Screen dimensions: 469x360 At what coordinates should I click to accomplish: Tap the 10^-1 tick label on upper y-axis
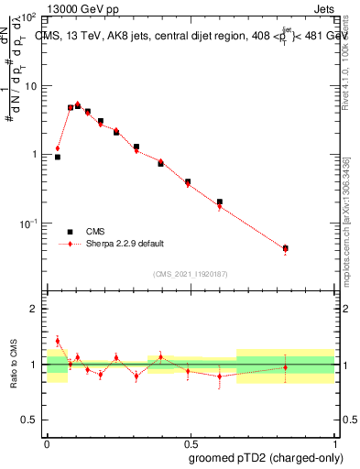[x=30, y=224]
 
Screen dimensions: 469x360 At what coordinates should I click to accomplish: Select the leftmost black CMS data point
[x=58, y=157]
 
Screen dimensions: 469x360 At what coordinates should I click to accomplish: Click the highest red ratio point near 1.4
[x=58, y=341]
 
